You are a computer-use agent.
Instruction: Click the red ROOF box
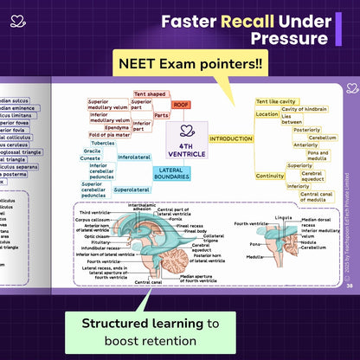182,104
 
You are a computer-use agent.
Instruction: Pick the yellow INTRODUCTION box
231,138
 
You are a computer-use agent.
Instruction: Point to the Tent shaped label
150,93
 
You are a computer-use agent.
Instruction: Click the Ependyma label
117,126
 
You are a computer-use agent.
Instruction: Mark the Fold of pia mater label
108,135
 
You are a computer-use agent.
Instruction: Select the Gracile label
92,151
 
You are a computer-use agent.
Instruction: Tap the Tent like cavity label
276,101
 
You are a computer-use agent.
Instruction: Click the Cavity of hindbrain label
304,109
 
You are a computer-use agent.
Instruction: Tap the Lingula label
283,216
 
